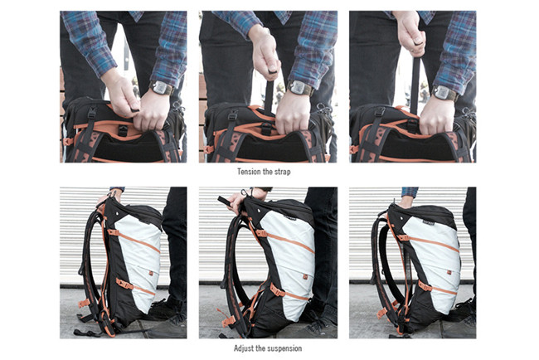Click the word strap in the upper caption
click(x=282, y=172)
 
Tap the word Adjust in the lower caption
click(x=244, y=348)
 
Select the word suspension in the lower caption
click(x=285, y=348)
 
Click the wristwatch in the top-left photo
click(x=160, y=88)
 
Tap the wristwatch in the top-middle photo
click(x=299, y=88)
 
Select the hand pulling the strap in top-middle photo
click(x=264, y=53)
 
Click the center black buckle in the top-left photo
click(x=123, y=131)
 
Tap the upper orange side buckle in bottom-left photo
click(x=114, y=232)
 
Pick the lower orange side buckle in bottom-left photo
click(x=124, y=284)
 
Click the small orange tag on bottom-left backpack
click(x=151, y=273)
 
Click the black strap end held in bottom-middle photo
click(x=225, y=201)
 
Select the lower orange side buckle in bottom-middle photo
click(x=278, y=291)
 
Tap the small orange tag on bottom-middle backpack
click(x=304, y=277)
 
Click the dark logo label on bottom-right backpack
click(x=429, y=221)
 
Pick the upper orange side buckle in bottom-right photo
click(x=403, y=237)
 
